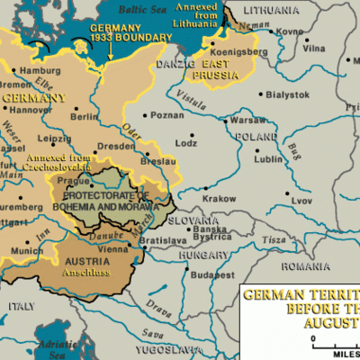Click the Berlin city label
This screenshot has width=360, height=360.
(x=84, y=116)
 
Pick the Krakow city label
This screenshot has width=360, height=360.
(x=220, y=198)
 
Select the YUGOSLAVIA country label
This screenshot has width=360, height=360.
(x=171, y=346)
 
